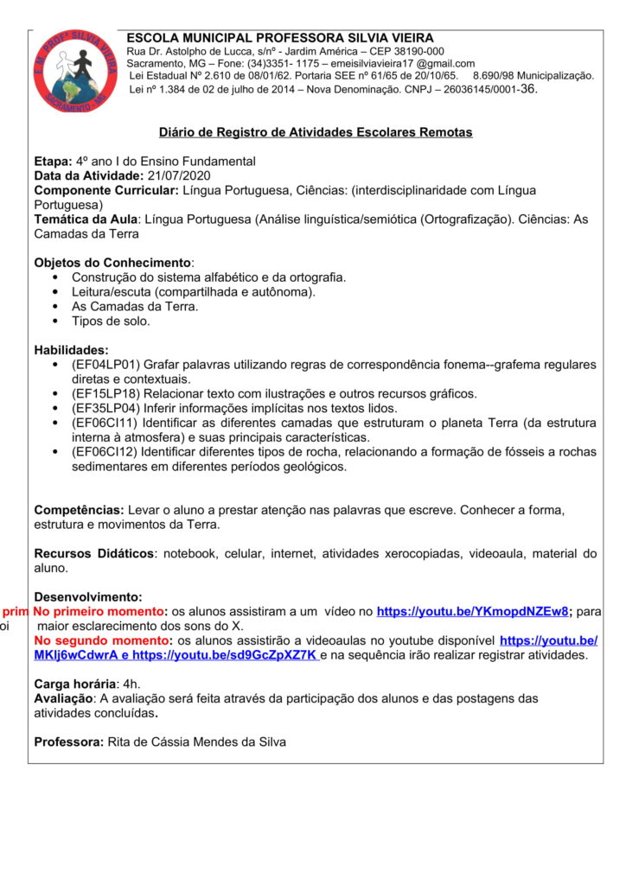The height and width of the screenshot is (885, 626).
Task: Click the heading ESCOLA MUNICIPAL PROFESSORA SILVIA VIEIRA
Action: pyautogui.click(x=280, y=38)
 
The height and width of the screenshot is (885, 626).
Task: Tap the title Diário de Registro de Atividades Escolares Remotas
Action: pyautogui.click(x=316, y=132)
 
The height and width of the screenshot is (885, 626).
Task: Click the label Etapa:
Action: pyautogui.click(x=53, y=162)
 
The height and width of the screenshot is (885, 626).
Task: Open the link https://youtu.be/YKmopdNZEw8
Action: pyautogui.click(x=473, y=612)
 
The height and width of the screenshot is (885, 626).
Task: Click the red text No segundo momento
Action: pyautogui.click(x=102, y=640)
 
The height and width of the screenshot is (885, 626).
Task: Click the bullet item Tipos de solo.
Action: pyautogui.click(x=111, y=321)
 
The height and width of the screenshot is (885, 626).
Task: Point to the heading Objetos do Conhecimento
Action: pyautogui.click(x=112, y=262)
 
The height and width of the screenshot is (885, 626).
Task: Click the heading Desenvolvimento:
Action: pyautogui.click(x=88, y=597)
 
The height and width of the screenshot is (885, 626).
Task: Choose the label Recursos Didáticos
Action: pyautogui.click(x=93, y=553)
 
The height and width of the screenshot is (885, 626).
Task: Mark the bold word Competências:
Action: pyautogui.click(x=79, y=510)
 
